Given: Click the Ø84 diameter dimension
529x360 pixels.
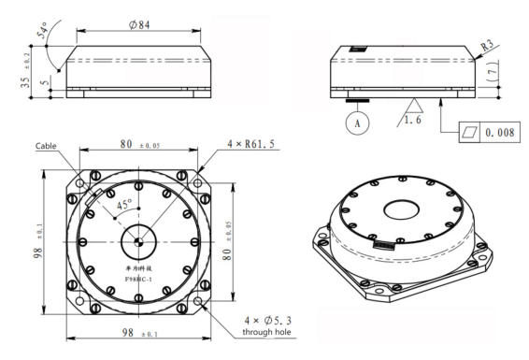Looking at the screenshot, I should (137, 23).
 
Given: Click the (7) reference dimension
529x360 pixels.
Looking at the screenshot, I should (493, 71).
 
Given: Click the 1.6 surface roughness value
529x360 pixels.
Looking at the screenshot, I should (412, 120).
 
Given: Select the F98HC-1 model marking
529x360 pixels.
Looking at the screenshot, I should (138, 277).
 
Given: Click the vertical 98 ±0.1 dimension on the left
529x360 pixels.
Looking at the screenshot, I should (37, 240).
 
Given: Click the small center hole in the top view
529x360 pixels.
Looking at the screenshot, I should (138, 241).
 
